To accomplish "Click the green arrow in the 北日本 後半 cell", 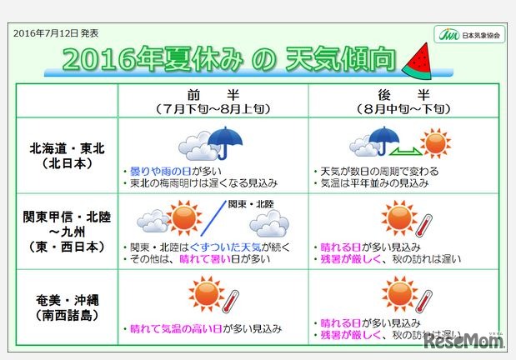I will click(406, 149).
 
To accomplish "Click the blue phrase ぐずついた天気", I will click(218, 247).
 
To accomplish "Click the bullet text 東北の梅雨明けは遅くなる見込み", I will click(203, 182).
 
